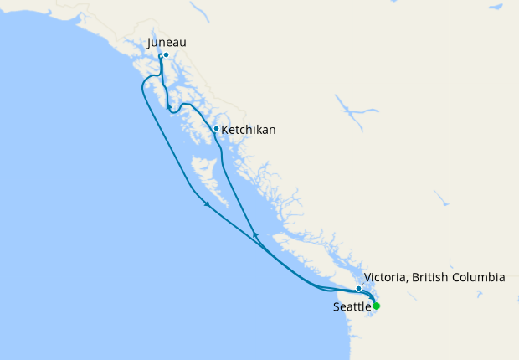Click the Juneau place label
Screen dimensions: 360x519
pos(166,42)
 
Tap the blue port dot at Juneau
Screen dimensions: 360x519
pos(167,55)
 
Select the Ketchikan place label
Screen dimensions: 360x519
pos(249,130)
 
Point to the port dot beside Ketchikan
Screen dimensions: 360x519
pos(216,129)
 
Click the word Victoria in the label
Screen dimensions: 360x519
pos(384,276)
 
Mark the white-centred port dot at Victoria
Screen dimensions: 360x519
pos(359,289)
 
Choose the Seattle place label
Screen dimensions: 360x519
pos(352,307)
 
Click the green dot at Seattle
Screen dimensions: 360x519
pos(377,306)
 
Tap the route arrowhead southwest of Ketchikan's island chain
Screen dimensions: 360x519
pos(206,204)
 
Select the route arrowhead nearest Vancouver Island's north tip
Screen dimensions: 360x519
pos(255,235)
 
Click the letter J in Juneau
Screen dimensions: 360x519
pos(149,42)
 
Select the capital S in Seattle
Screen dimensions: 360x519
pos(337,307)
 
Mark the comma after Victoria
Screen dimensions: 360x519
pos(406,280)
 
